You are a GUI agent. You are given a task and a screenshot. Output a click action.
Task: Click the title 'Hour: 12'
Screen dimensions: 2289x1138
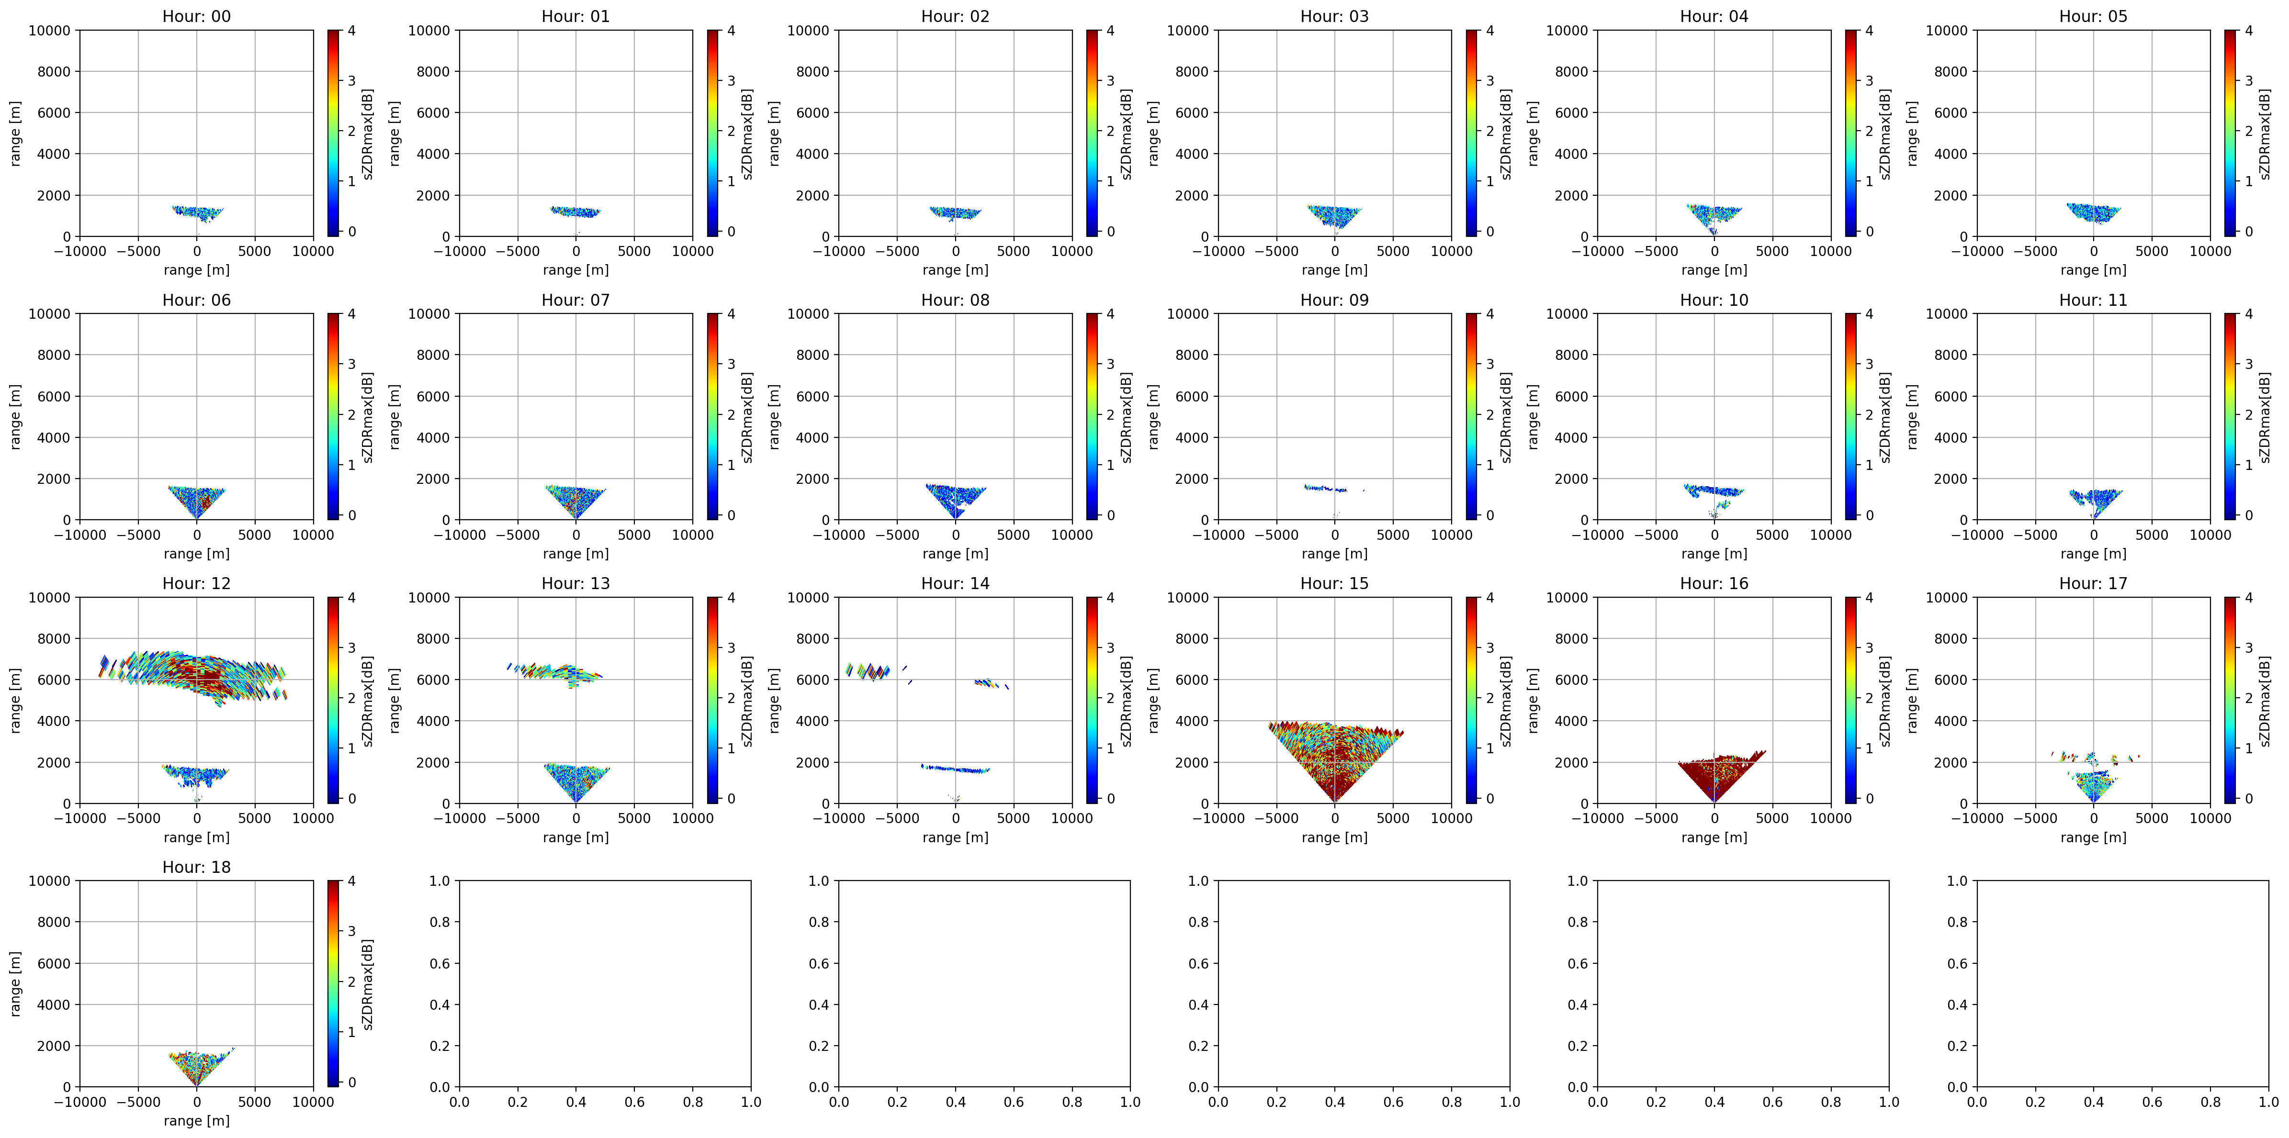[196, 584]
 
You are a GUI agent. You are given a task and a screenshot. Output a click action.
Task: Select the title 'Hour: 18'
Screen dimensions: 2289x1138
[196, 867]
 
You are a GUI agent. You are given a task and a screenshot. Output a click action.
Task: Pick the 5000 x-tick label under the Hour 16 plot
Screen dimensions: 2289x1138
[1772, 818]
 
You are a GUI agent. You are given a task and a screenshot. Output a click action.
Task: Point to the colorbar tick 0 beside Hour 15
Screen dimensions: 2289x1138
[1489, 799]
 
